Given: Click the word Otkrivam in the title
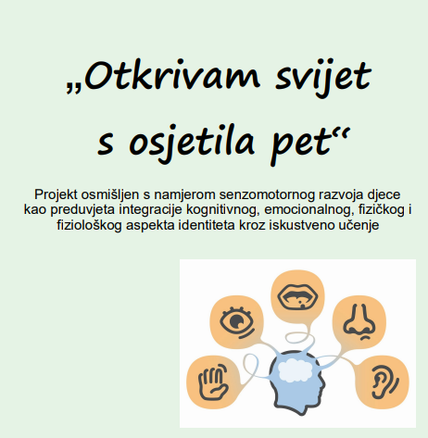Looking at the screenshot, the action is point(171,75).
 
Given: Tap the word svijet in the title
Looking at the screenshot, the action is point(322,78).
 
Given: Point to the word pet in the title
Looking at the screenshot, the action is point(304,145).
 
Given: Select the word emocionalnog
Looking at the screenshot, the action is point(308,210).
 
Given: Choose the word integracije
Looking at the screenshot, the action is point(151,210).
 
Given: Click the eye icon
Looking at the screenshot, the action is point(237,322).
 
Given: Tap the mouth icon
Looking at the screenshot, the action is point(297,297).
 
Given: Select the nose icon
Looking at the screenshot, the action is point(359,321).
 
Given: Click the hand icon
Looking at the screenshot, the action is point(213,382).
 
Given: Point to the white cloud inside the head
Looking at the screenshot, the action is point(296,369).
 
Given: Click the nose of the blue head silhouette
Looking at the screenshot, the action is point(323,385).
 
